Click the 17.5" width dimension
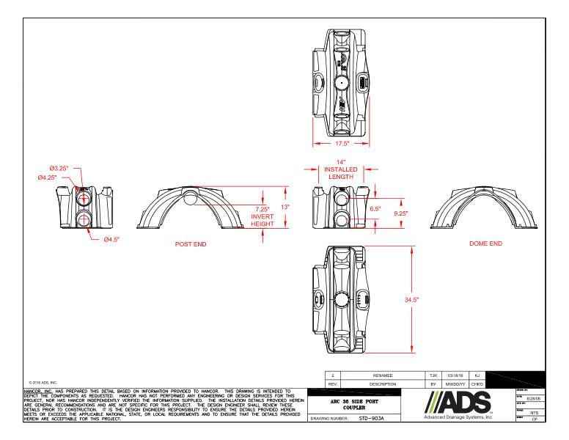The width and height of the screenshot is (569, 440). (341, 144)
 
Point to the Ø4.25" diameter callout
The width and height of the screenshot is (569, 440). (51, 177)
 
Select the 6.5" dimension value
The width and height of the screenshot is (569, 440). (376, 208)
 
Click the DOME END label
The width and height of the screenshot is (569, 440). (486, 243)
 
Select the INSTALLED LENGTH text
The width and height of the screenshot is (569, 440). (341, 172)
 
